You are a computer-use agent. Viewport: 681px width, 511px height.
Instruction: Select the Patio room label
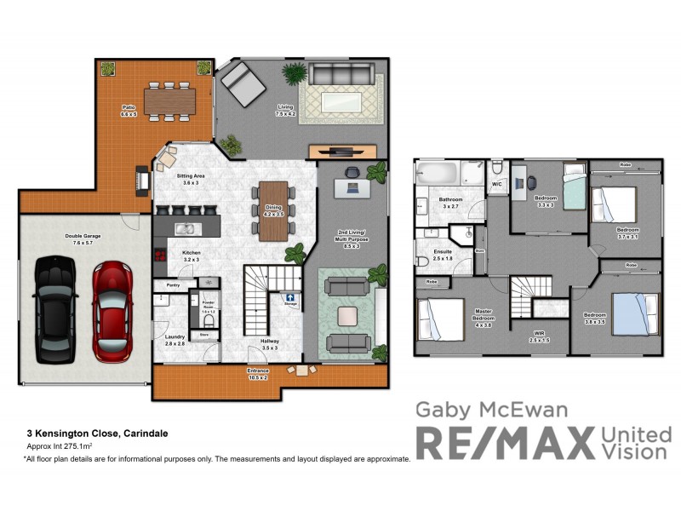coord(129,110)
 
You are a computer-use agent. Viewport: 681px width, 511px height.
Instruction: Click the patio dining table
coord(170,101)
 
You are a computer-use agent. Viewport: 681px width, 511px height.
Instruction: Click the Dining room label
coord(273,210)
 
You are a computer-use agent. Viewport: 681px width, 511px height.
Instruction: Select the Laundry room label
coord(175,339)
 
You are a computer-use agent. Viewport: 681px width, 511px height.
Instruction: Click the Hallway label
coord(271,343)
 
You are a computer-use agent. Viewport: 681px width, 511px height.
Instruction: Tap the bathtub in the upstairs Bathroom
coord(438,175)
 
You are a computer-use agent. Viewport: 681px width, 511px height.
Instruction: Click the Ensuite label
coord(444,253)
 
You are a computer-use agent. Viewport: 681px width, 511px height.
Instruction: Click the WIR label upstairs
coord(538,336)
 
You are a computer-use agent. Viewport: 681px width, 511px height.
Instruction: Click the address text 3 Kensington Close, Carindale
coord(96,433)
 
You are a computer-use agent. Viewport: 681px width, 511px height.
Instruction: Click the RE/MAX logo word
coord(504,443)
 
